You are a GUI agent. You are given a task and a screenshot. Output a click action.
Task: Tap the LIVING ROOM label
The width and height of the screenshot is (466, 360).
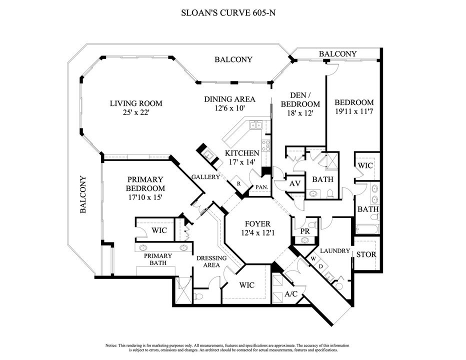tap(136, 103)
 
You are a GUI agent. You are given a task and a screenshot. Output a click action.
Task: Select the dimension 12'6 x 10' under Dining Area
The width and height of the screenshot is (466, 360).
tap(230, 108)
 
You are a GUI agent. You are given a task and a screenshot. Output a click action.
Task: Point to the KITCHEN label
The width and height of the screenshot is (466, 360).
tap(242, 153)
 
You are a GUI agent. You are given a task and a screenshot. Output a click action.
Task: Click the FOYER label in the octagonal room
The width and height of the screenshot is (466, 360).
tap(257, 224)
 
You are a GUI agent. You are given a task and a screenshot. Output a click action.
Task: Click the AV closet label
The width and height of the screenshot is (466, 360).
tap(295, 184)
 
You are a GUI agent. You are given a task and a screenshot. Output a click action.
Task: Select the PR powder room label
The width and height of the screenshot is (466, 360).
tap(304, 231)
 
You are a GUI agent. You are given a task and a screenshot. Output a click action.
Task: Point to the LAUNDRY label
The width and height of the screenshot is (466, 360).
tap(335, 250)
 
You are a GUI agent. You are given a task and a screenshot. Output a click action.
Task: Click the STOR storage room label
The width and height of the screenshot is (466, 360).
tap(366, 254)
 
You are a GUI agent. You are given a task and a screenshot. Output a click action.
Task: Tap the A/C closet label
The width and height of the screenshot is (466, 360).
tap(291, 294)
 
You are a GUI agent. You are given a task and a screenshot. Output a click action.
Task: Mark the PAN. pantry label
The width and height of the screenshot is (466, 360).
tap(261, 187)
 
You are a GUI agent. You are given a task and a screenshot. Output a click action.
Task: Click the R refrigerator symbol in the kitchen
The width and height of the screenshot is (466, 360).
tap(239, 183)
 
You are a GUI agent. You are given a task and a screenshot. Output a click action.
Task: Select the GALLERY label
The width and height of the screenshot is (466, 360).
tap(206, 177)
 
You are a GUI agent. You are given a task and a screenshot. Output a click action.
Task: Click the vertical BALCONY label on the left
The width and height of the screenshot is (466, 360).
tap(83, 194)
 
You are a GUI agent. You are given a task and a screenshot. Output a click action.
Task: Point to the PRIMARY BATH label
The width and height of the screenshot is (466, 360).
tap(158, 259)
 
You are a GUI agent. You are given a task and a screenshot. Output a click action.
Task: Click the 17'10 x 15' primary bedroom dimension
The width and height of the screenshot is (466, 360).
tap(145, 197)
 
